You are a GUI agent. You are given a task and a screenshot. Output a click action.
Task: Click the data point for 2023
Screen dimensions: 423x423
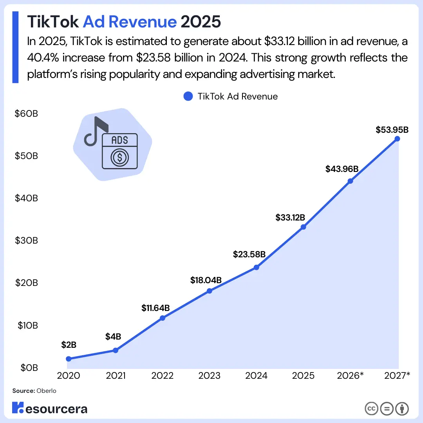(x=209, y=291)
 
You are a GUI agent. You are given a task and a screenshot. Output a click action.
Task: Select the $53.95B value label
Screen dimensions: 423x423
(x=392, y=130)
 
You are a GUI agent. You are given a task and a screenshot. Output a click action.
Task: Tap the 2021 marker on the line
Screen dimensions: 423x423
(x=116, y=350)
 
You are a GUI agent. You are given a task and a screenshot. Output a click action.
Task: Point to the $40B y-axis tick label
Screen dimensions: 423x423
(x=26, y=198)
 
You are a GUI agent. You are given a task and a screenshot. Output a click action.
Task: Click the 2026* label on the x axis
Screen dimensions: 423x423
(x=351, y=376)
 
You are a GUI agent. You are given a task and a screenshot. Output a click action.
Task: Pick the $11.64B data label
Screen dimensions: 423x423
(x=155, y=308)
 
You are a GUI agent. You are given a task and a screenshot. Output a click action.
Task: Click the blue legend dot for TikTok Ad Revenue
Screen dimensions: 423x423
(x=188, y=96)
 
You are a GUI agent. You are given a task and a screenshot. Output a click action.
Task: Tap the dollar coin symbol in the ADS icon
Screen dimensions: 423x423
(x=119, y=157)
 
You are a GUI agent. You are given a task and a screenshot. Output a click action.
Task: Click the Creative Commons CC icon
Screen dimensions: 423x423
(x=372, y=409)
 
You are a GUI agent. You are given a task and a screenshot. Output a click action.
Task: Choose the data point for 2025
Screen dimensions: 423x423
(x=303, y=227)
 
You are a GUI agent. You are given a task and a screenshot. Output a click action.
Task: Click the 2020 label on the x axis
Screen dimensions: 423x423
(x=69, y=376)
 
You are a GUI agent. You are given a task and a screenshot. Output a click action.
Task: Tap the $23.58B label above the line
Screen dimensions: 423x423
(x=249, y=254)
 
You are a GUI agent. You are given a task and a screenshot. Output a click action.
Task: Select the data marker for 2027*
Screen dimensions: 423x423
(x=397, y=139)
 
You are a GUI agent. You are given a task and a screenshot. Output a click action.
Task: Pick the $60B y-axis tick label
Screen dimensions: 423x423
(x=26, y=114)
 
